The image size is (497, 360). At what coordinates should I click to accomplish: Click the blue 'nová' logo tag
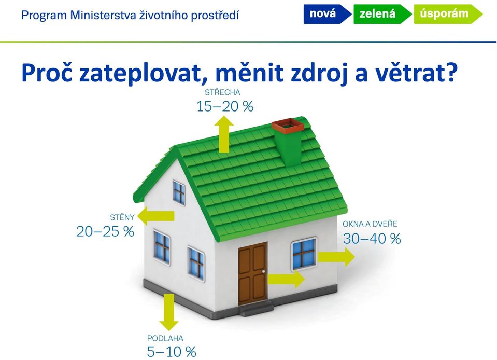[x=327, y=15]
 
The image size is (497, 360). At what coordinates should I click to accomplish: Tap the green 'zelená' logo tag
[x=382, y=15]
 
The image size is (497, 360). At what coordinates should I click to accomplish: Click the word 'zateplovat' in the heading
[x=141, y=73]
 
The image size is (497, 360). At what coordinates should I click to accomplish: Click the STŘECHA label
[x=222, y=92]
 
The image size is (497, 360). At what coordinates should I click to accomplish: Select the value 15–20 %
[x=225, y=106]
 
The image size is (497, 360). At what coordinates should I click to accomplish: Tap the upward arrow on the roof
[x=224, y=134]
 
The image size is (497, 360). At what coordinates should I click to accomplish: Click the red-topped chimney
[x=288, y=141]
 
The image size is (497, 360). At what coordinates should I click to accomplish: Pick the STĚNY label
[x=122, y=217]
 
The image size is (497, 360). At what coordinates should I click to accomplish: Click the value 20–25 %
[x=105, y=231]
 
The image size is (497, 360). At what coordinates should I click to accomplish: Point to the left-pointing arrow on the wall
[x=157, y=216]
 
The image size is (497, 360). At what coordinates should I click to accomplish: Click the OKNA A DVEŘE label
[x=370, y=224]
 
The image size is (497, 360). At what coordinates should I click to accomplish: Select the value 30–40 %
[x=372, y=239]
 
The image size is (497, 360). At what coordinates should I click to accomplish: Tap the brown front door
[x=252, y=273]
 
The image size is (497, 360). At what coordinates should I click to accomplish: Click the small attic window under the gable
[x=179, y=192]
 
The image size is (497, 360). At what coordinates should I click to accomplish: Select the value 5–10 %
[x=172, y=352]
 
